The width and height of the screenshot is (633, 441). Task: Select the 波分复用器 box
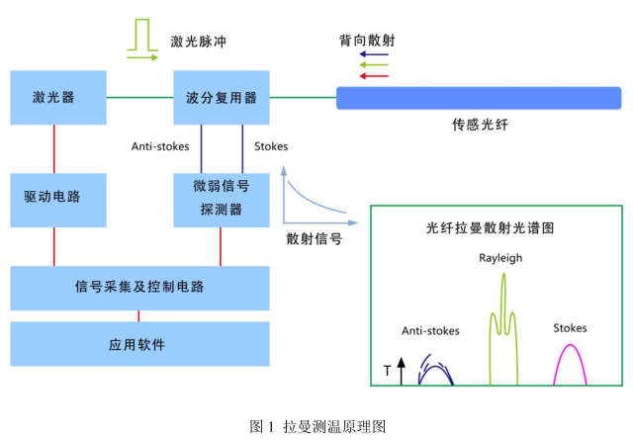pos(222,97)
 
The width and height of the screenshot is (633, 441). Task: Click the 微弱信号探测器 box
pos(222,198)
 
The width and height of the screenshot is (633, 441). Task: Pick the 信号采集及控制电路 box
pos(139,288)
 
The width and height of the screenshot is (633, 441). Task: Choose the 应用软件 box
pos(139,344)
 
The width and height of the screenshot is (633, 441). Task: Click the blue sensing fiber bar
pos(479,98)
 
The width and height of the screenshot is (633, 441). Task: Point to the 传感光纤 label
pos(480,127)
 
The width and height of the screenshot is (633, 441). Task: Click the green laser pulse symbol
pos(142,39)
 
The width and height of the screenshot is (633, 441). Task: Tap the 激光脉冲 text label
pos(205,42)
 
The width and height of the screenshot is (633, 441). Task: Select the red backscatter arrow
pos(374,76)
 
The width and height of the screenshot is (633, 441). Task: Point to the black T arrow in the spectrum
pos(401,371)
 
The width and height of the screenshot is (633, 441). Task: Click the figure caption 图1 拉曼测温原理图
pos(316,426)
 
